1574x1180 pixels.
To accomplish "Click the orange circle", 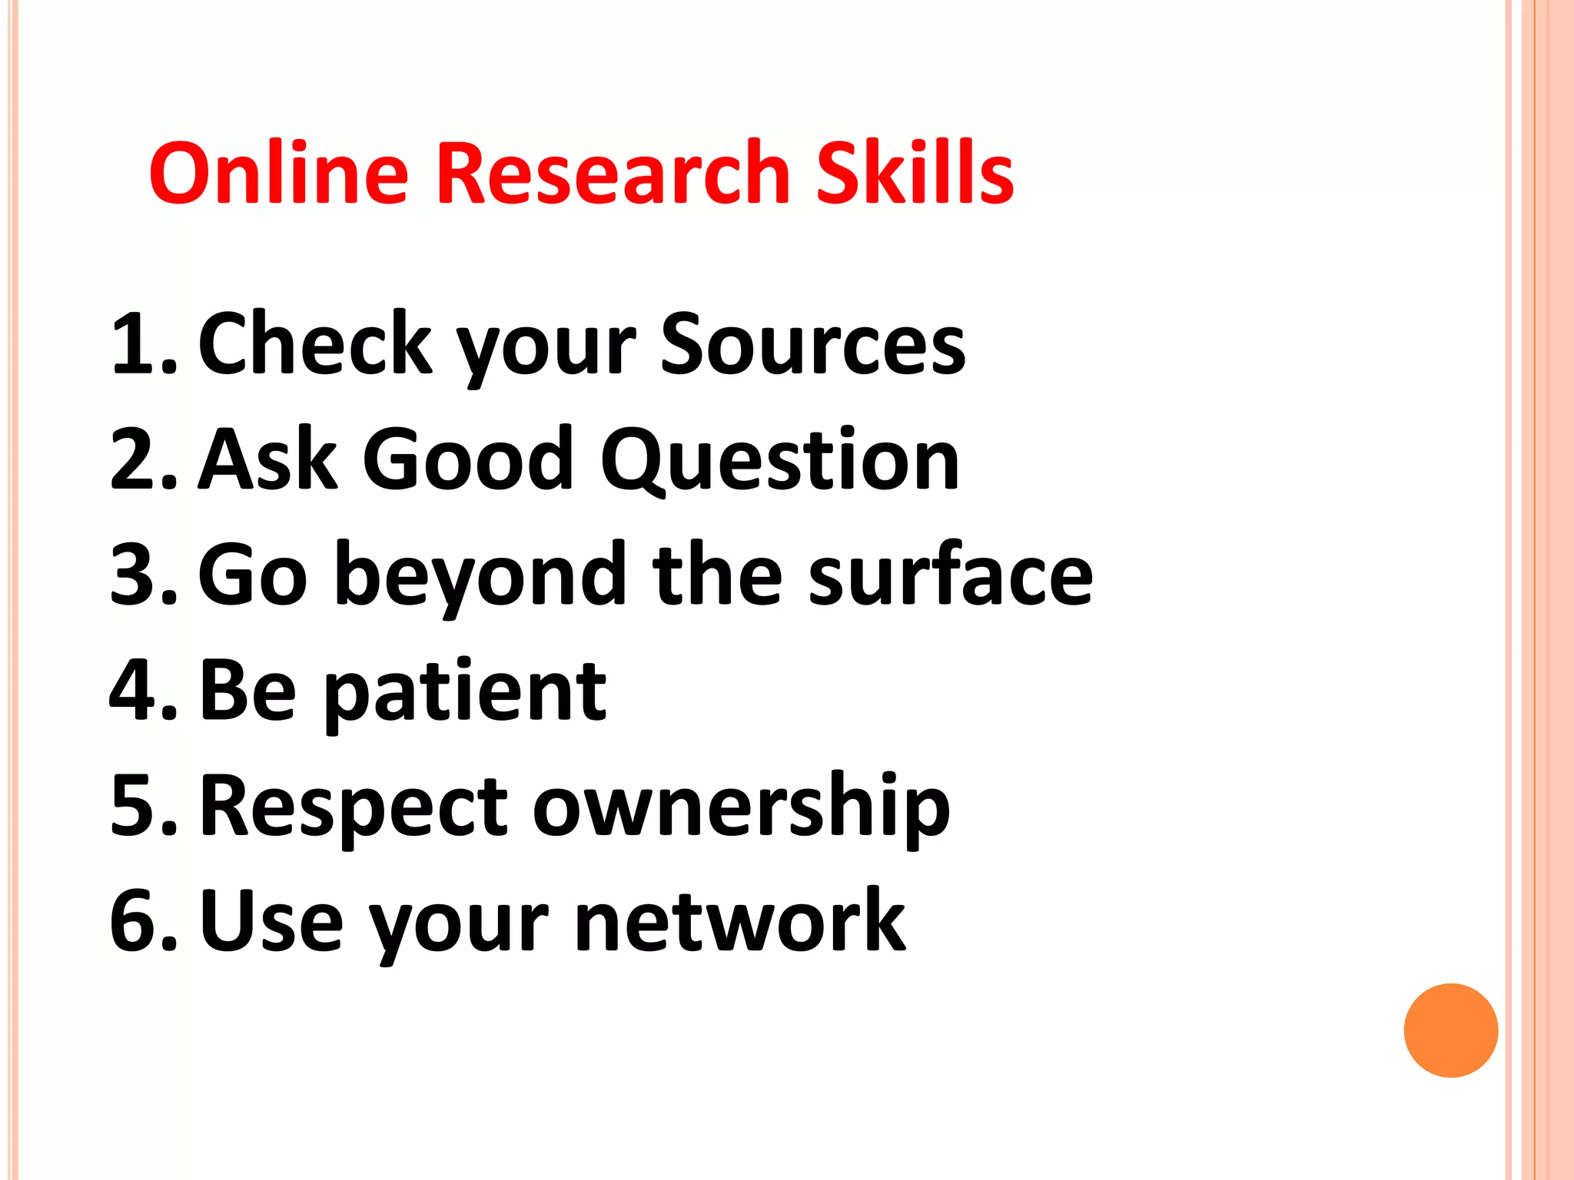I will coord(1450,1030).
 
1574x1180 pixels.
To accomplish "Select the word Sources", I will coord(812,343).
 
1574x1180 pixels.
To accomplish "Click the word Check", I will coord(315,343).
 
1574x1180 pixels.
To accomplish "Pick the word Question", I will coord(779,459).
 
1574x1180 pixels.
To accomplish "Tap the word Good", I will coord(468,459).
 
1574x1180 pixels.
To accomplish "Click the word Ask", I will coord(268,459).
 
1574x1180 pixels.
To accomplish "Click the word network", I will coord(740,920).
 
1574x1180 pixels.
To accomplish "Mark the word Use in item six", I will coord(271,920).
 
